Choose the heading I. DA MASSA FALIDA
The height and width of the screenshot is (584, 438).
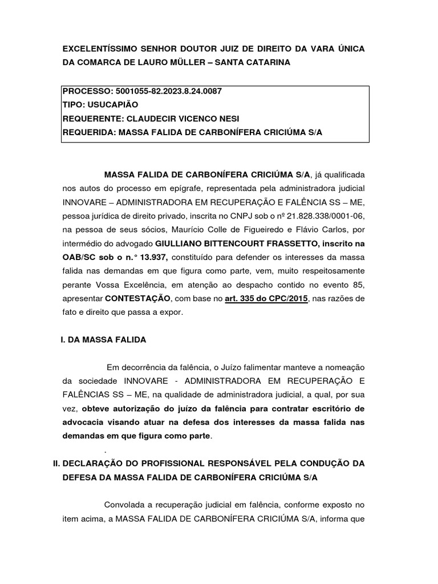click(x=103, y=339)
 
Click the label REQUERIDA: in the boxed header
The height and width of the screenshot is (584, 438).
click(x=87, y=132)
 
